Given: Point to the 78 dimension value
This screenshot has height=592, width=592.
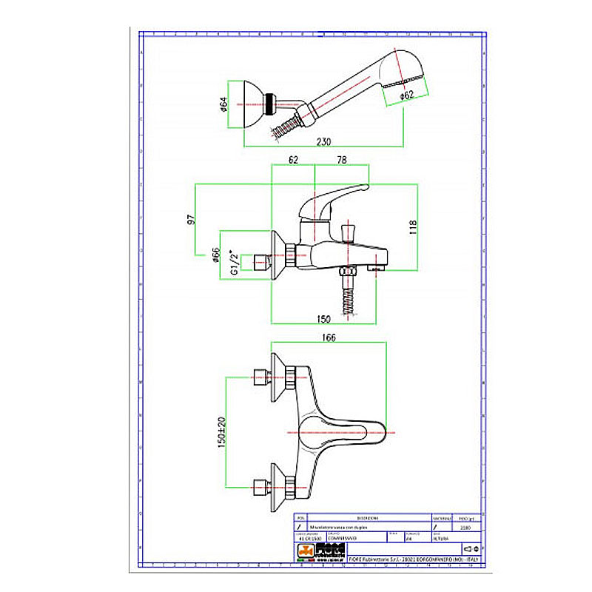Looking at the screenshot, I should click(342, 160).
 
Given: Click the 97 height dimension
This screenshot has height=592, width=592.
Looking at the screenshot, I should click(190, 220).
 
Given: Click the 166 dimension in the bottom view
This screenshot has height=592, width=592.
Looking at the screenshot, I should click(329, 337).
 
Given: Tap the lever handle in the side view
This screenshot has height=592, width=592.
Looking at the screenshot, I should click(337, 198).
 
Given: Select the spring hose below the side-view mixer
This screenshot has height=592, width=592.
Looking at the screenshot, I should click(346, 300).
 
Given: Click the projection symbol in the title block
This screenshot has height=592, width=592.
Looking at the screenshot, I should click(471, 548).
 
